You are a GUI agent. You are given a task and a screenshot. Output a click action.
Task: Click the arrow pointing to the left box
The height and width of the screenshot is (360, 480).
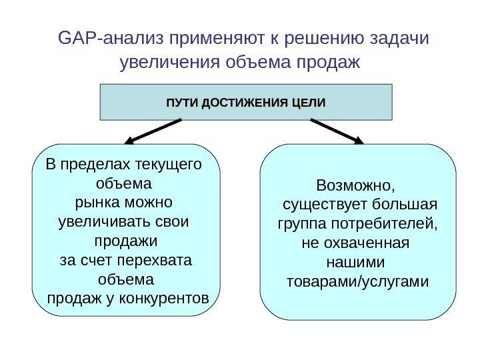pyautogui.click(x=153, y=131)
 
